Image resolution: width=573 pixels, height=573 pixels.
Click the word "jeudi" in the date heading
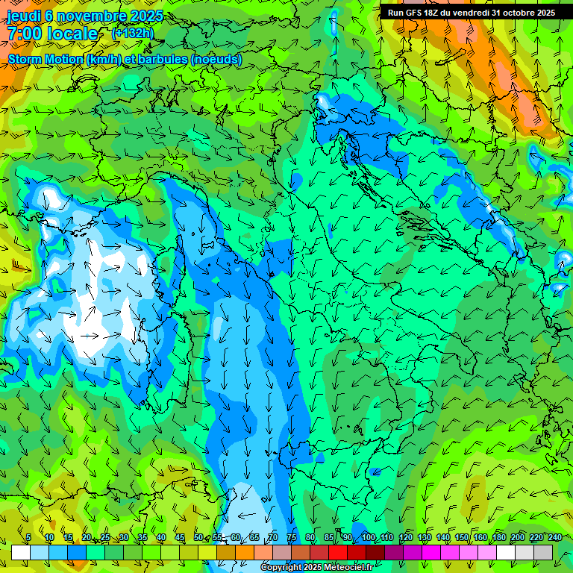coord(24,16)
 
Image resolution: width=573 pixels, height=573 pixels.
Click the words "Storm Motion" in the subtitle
coord(46,59)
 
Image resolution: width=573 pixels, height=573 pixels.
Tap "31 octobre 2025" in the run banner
coord(524,13)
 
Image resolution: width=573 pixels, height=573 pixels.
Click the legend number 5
coord(28,538)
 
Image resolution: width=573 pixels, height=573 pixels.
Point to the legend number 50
coord(198,538)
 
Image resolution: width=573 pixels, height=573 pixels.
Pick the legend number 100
coord(368,538)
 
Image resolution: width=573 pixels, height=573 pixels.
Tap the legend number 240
coord(555,538)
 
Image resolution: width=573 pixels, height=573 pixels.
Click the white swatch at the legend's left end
coord(21,552)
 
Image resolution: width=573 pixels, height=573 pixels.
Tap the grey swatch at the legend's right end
coord(543,552)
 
